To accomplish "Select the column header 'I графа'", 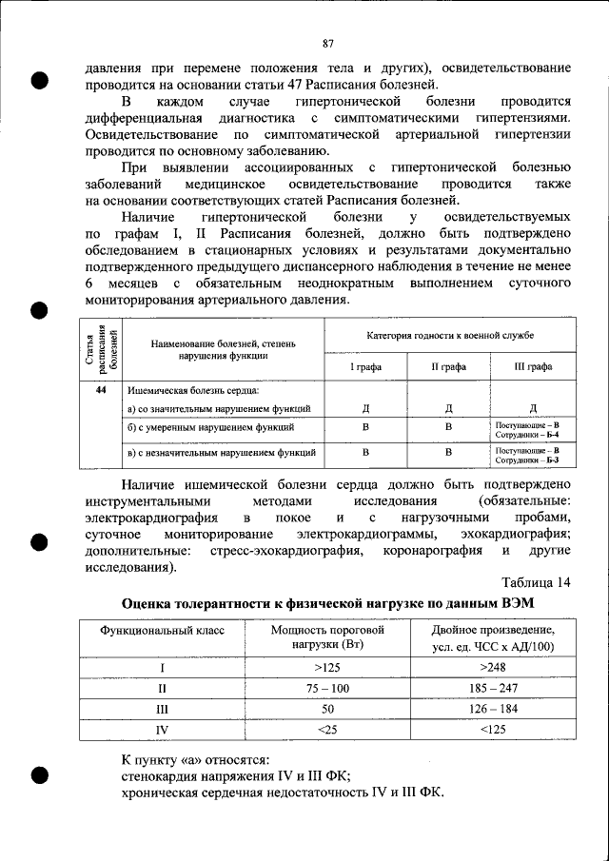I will (365, 363).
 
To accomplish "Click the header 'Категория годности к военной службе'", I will (450, 337).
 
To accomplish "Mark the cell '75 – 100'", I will (326, 687).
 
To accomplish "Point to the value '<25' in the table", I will (326, 730).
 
